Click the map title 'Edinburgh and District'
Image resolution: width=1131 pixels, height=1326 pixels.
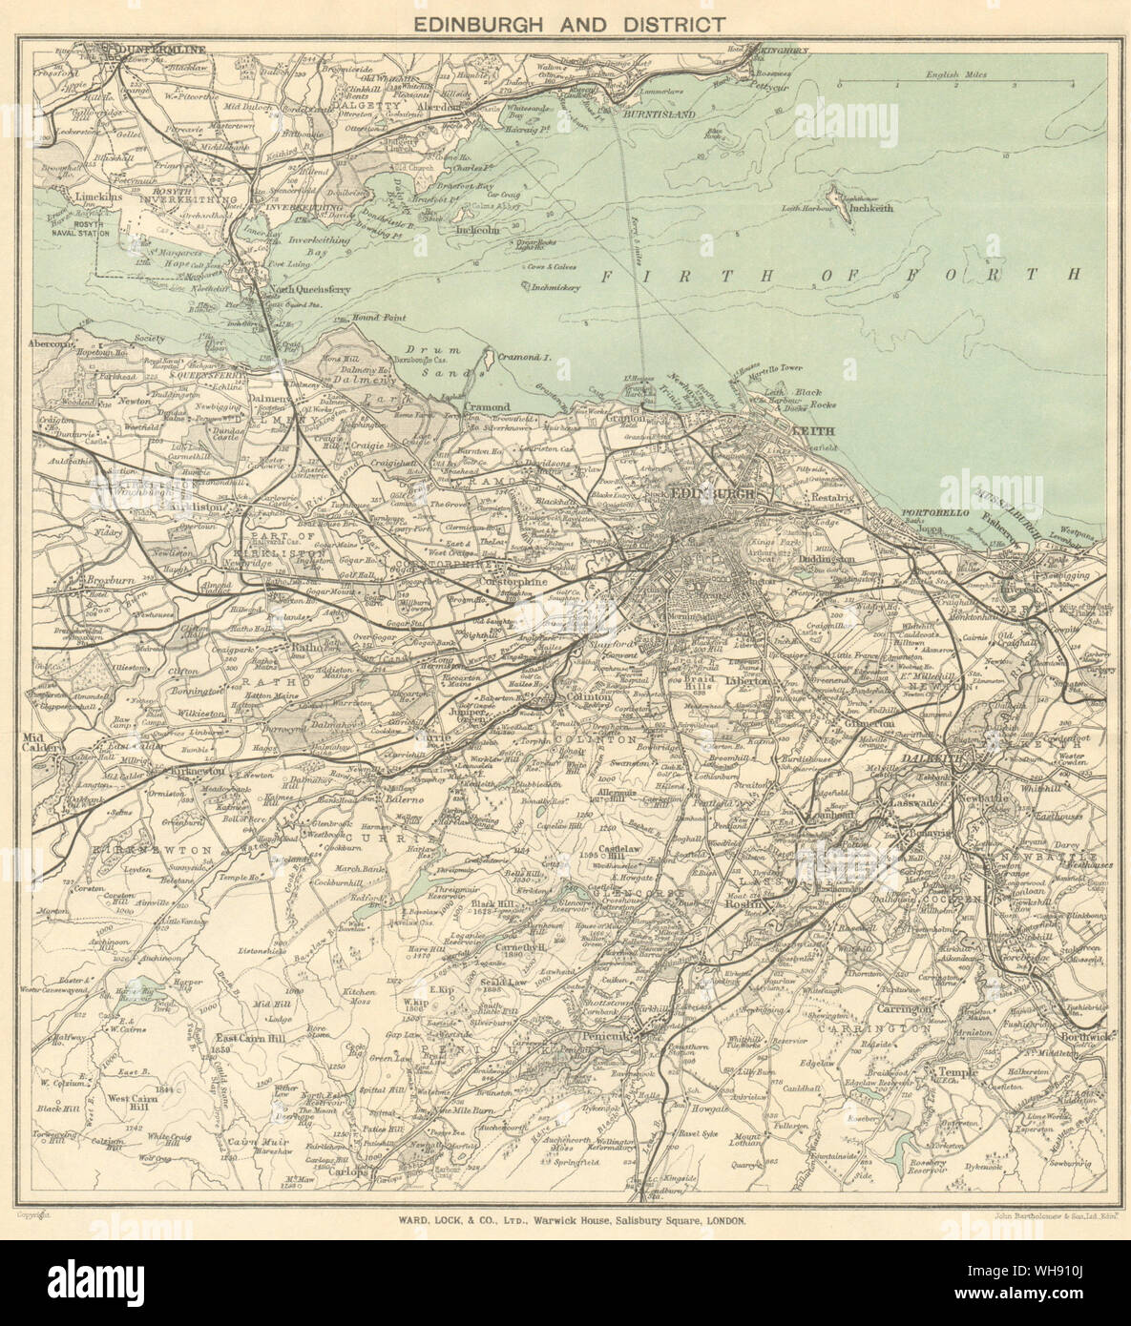coord(565,24)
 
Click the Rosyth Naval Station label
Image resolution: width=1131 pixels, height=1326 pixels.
coord(82,228)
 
